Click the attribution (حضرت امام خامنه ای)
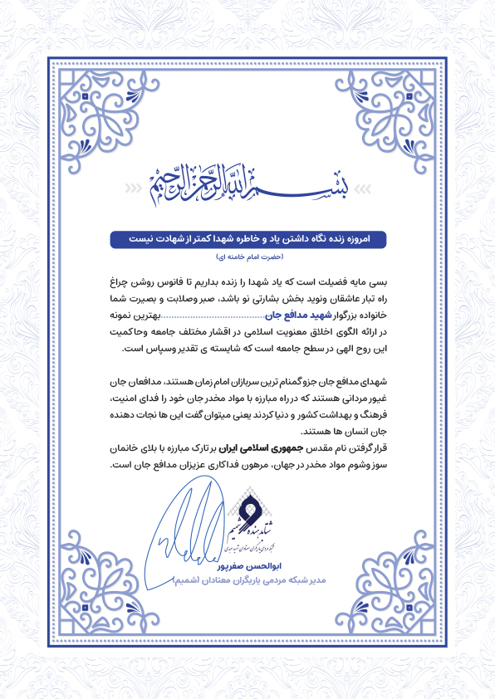[x=247, y=257]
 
